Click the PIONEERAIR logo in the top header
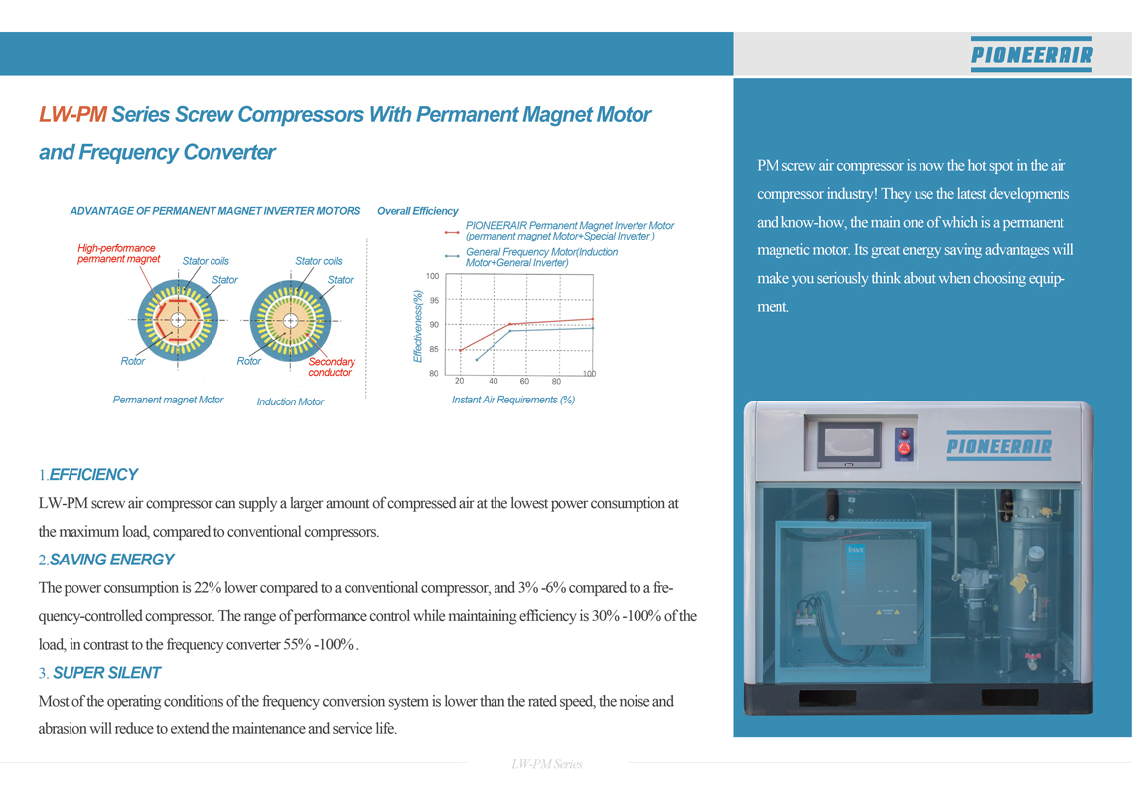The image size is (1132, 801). tap(1031, 54)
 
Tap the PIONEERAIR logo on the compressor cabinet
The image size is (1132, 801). tap(999, 446)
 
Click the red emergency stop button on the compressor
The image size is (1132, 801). tap(904, 448)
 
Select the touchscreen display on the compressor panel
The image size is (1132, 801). tap(849, 445)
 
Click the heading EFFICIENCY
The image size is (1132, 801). tap(93, 474)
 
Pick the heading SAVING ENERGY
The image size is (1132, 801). tap(112, 560)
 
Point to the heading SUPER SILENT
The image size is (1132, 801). tap(107, 673)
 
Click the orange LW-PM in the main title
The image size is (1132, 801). tap(72, 115)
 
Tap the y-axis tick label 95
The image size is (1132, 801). tap(434, 300)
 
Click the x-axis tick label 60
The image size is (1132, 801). tap(524, 381)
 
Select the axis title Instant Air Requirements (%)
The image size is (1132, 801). tap(513, 400)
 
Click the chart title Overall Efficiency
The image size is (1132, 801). tap(417, 211)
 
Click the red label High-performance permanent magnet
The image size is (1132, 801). tap(118, 253)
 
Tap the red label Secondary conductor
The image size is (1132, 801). tap(332, 367)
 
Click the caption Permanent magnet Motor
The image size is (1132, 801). tap(168, 400)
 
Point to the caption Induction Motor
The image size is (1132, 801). tap(290, 401)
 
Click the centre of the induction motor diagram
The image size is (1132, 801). tap(290, 321)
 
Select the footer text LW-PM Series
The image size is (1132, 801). tap(546, 764)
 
